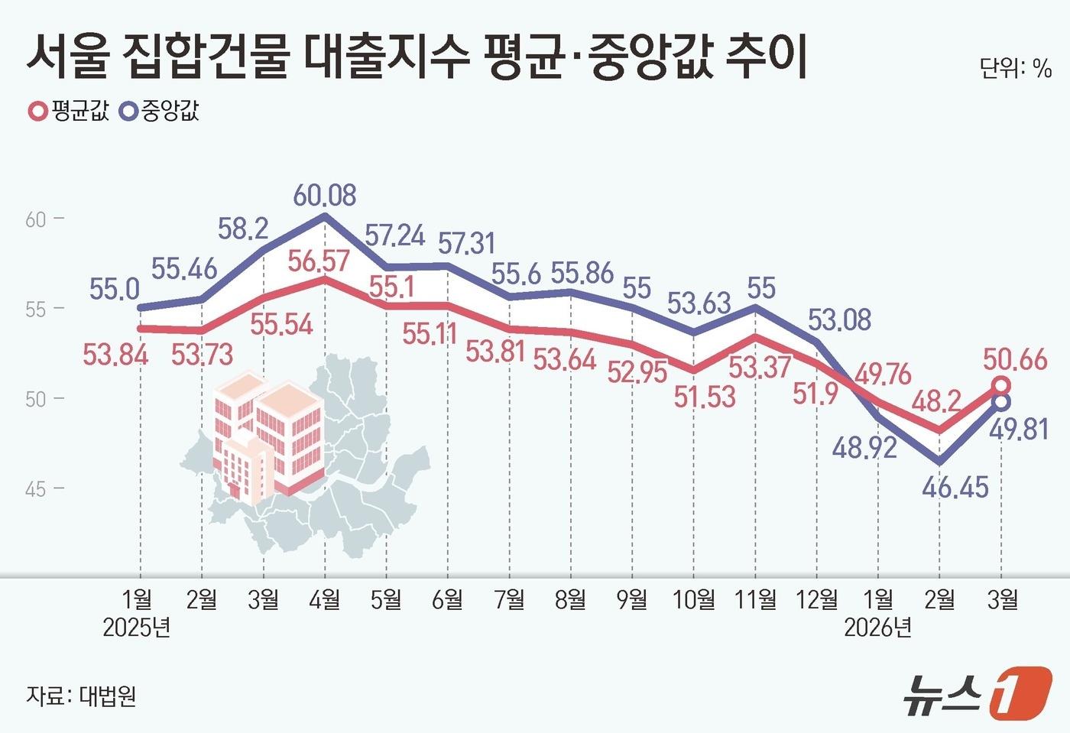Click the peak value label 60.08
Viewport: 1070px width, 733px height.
pos(325,196)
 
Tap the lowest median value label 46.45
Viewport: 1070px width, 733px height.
pos(955,487)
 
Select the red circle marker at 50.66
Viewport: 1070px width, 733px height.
pos(1001,384)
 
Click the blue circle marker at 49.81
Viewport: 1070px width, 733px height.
pos(1001,401)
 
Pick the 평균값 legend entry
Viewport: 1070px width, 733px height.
pos(69,112)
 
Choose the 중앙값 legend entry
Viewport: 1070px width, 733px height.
pos(160,112)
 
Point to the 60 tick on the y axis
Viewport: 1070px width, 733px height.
pos(36,220)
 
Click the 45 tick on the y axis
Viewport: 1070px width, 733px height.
pos(36,489)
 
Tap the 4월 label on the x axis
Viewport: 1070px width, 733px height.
pos(325,600)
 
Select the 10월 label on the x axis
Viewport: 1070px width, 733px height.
pos(693,600)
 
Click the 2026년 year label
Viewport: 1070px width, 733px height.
pos(877,628)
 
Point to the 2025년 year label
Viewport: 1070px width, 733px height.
pos(136,628)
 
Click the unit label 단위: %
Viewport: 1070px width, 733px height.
pos(1015,68)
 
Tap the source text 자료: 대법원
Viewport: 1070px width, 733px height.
pos(81,696)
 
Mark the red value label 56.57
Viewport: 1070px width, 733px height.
pos(319,261)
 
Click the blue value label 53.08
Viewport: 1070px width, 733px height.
pos(839,319)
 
